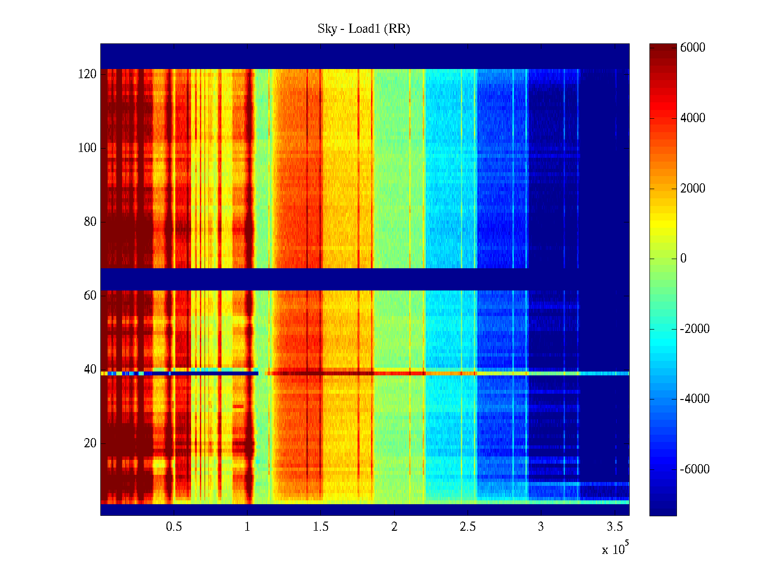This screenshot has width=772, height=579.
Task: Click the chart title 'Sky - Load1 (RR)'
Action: pos(364,29)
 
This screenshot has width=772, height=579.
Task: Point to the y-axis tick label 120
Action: pos(87,74)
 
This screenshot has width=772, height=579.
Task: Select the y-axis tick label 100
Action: pos(87,148)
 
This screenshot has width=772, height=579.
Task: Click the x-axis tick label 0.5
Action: pos(174,527)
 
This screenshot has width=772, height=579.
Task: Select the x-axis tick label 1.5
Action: pos(321,527)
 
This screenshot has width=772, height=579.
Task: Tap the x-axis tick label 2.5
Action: pos(468,527)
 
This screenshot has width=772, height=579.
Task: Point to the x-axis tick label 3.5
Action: pos(615,527)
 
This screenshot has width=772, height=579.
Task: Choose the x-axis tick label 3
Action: pos(541,527)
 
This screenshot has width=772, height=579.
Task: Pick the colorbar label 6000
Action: pos(693,48)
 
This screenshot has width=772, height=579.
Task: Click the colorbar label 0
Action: pos(683,259)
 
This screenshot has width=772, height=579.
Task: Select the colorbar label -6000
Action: pos(695,469)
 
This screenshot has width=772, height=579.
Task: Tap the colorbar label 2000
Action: pos(693,189)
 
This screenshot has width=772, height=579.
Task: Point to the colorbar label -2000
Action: pos(695,329)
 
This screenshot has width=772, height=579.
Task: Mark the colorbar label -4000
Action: pos(695,399)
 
